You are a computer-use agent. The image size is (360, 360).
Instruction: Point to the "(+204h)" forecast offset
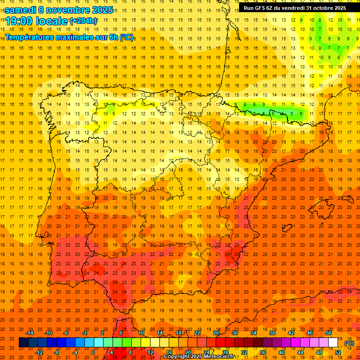click(x=83, y=21)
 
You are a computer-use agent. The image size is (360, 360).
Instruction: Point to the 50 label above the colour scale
click(x=329, y=333)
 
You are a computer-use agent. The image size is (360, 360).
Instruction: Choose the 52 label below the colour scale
click(x=338, y=352)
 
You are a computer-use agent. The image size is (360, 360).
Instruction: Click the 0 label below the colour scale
click(x=93, y=352)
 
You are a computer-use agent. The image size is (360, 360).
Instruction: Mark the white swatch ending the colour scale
click(x=333, y=343)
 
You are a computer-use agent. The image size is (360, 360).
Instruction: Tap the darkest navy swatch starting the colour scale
click(x=23, y=343)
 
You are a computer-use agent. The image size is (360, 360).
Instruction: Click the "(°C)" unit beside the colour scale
click(x=349, y=343)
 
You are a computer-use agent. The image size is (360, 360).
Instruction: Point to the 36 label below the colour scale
click(x=263, y=352)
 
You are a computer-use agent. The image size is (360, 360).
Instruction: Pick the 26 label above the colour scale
click(x=216, y=333)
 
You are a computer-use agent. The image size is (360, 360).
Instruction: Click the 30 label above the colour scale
click(x=235, y=333)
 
